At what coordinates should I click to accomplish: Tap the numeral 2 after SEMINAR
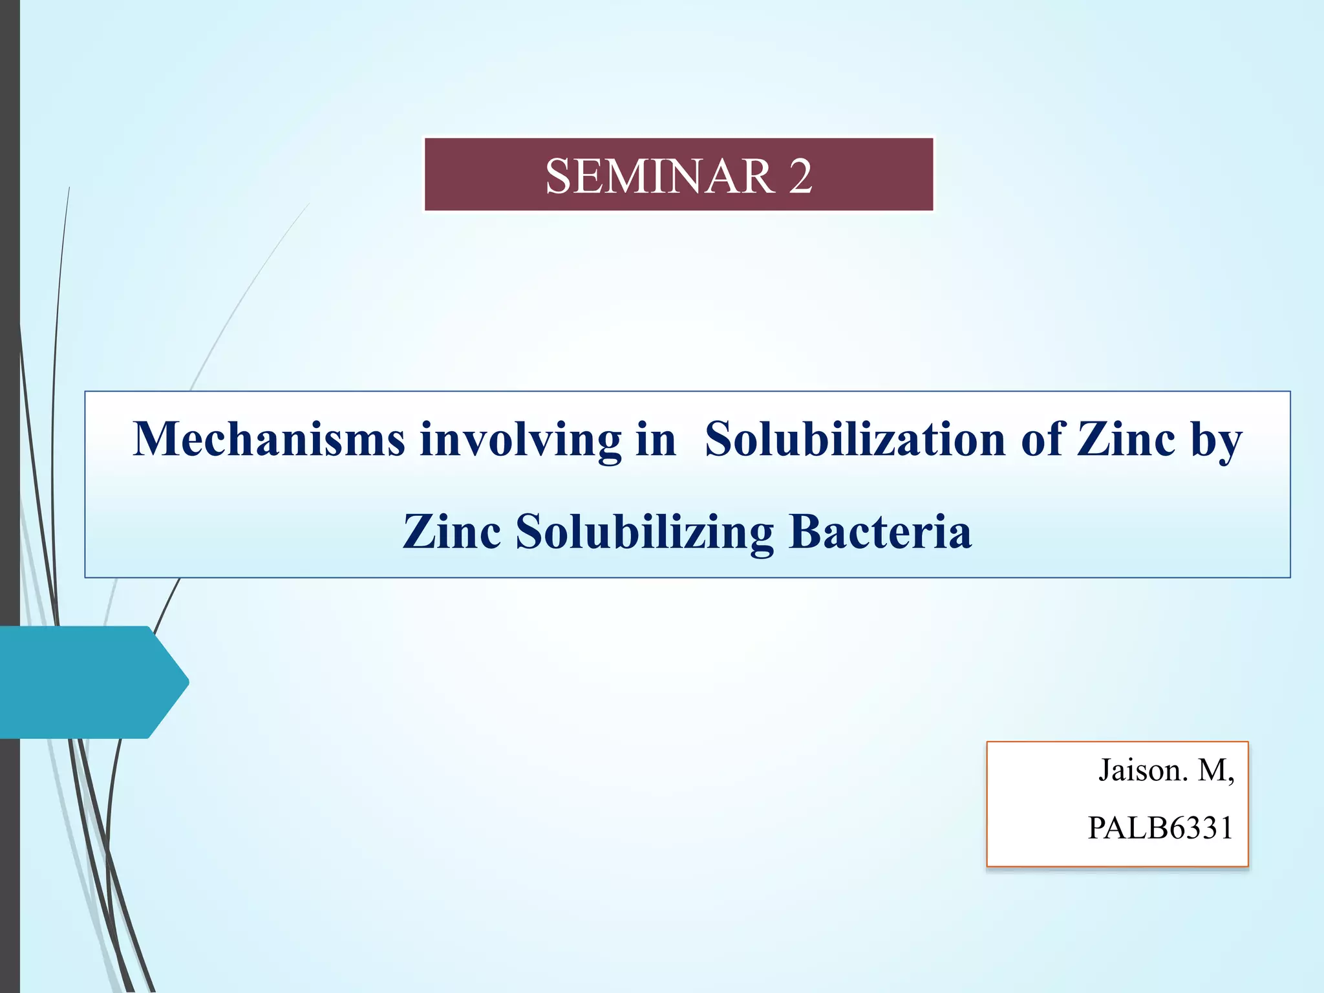pyautogui.click(x=800, y=176)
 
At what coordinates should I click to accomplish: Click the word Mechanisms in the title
pyautogui.click(x=269, y=440)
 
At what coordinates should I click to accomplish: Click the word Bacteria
pyautogui.click(x=881, y=531)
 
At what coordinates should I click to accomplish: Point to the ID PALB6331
pyautogui.click(x=1160, y=828)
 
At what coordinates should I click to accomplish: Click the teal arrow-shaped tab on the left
pyautogui.click(x=84, y=682)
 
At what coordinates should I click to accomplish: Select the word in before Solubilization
pyautogui.click(x=656, y=440)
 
